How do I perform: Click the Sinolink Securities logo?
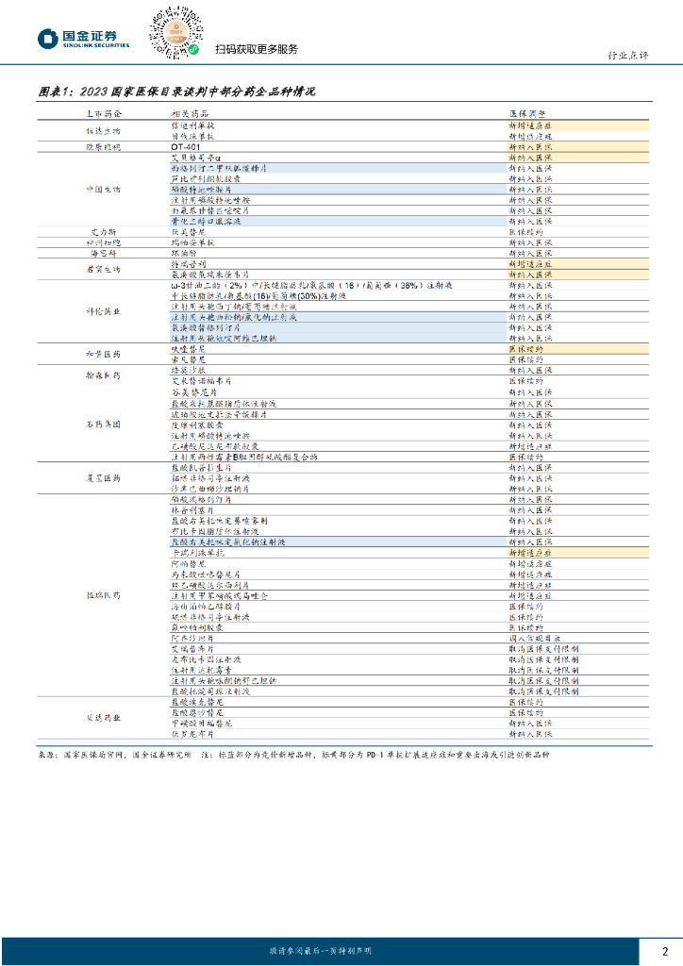(83, 38)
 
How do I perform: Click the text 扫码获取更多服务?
(257, 50)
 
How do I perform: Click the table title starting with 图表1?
(176, 92)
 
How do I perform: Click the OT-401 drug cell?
(186, 147)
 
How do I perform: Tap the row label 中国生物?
(102, 190)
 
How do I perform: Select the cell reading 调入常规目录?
(539, 638)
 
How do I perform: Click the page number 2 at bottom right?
(665, 950)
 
